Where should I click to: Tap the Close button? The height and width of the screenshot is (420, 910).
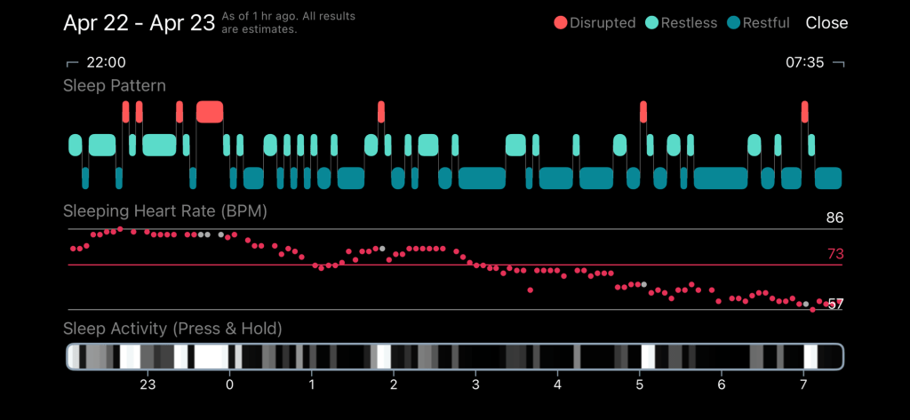(826, 23)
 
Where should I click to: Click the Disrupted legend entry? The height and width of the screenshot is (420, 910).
(595, 23)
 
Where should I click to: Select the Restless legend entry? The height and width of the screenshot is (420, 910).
(682, 23)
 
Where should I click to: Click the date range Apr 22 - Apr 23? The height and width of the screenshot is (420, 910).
(139, 23)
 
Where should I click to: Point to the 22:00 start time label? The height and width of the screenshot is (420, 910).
(105, 62)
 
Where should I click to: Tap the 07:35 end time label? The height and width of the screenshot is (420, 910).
(805, 62)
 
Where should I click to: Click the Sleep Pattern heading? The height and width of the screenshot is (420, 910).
(115, 86)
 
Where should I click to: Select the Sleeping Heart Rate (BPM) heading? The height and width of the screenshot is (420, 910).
(165, 211)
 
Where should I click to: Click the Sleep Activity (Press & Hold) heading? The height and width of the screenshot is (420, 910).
(172, 329)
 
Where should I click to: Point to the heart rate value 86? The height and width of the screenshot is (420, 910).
(834, 218)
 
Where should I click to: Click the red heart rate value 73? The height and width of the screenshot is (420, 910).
(834, 254)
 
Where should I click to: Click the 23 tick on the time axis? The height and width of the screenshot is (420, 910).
(148, 384)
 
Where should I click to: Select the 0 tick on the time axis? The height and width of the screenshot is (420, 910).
(230, 384)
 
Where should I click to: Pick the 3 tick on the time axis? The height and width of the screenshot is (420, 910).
(475, 384)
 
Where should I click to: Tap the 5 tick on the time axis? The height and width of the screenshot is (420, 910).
(640, 384)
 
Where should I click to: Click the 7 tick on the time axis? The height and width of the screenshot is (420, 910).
(803, 384)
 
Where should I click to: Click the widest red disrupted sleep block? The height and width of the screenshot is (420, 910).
(210, 111)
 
